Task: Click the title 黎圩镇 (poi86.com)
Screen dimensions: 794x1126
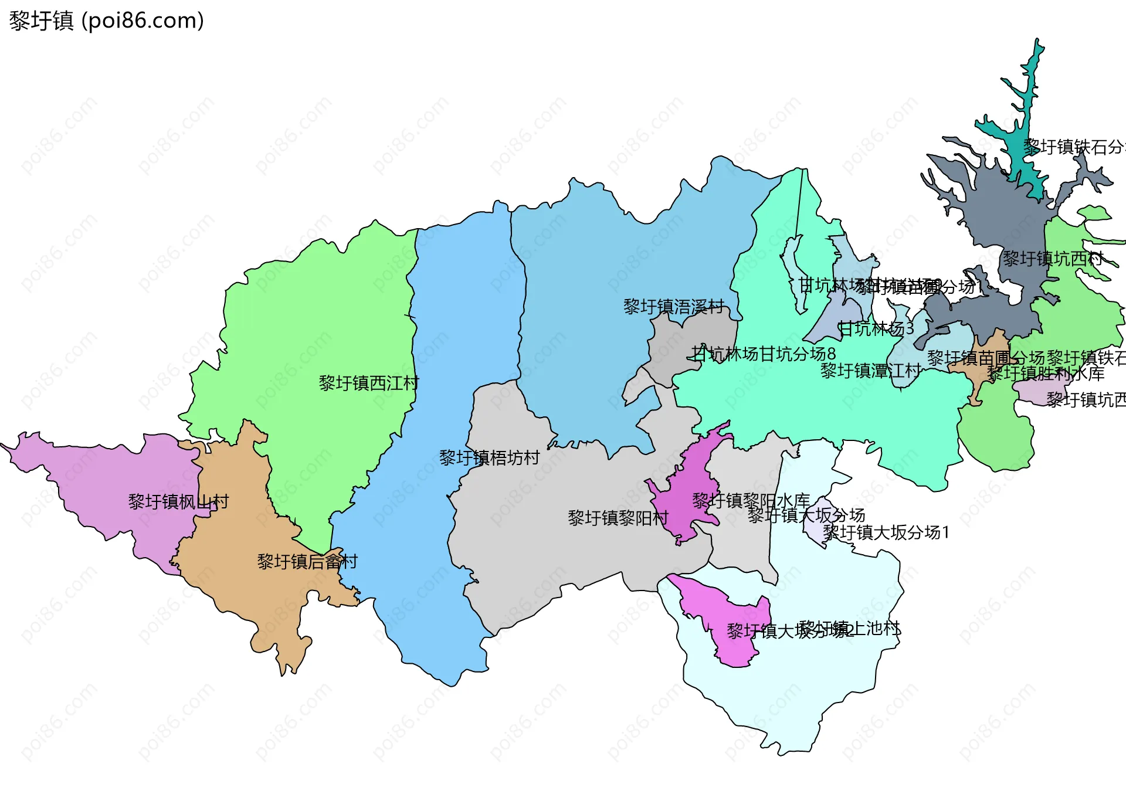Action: [x=106, y=21]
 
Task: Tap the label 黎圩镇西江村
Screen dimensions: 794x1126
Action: [x=368, y=384]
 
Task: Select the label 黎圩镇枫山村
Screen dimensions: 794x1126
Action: [x=178, y=502]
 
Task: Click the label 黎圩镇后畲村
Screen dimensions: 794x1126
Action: [x=307, y=562]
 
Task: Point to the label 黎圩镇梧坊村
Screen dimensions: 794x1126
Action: [x=489, y=458]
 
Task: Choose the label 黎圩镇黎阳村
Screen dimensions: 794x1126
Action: [x=618, y=518]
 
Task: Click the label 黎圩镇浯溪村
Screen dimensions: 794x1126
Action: [x=674, y=307]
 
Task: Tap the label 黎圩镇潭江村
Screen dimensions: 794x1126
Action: [x=870, y=371]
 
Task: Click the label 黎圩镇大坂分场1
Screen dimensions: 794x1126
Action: [x=886, y=532]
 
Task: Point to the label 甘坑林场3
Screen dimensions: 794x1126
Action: [x=876, y=329]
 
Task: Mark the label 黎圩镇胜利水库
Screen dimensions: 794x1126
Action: [x=1046, y=374]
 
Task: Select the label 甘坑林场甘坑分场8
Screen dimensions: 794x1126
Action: [x=764, y=354]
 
